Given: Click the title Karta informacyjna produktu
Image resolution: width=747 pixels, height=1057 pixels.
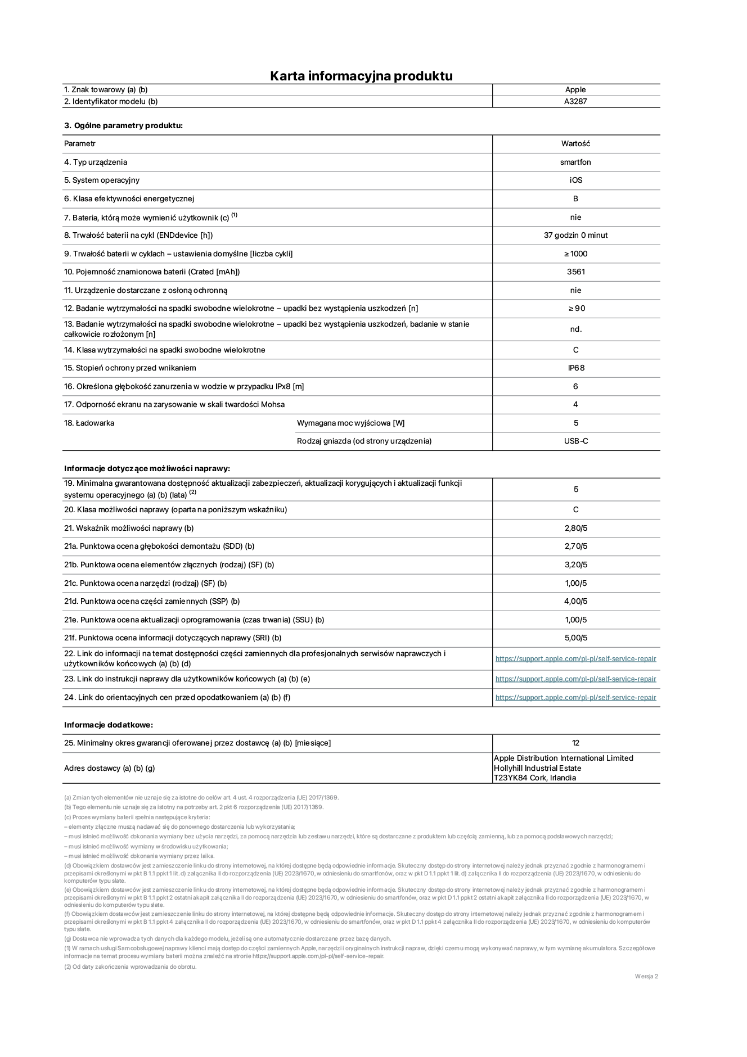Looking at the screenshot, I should (361, 76).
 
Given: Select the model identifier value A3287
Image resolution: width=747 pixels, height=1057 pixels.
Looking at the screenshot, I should (575, 102).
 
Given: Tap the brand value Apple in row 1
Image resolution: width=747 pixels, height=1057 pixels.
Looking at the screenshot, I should (575, 90).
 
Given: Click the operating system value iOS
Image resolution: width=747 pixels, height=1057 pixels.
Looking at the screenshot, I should (575, 180).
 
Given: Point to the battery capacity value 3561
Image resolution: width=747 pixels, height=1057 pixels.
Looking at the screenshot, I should (575, 272).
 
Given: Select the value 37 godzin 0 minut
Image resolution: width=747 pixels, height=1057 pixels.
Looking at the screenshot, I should (575, 236).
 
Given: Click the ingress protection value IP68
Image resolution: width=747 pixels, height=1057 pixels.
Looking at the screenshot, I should (575, 368).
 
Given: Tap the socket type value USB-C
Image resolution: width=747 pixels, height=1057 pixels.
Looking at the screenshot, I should (575, 441).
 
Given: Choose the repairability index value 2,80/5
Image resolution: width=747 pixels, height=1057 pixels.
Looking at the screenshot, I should (575, 528).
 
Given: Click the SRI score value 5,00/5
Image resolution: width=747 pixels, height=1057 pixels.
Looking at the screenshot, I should (575, 638).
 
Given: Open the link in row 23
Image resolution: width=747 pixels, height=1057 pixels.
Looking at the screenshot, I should (575, 679).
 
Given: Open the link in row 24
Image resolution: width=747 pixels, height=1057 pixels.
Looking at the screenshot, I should (575, 698).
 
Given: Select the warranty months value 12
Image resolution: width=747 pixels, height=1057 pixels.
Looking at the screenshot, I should (575, 743).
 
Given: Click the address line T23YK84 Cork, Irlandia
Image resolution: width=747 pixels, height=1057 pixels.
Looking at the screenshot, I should (534, 778).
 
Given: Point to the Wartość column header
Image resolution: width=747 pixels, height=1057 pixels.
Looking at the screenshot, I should (575, 144).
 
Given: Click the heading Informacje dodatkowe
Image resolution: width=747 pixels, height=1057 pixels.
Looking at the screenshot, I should (109, 725).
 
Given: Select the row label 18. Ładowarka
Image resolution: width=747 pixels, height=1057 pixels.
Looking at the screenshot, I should (89, 423).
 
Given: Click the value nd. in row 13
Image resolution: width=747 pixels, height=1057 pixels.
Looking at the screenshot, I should (575, 329).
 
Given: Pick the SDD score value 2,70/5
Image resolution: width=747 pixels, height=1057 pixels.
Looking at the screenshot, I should (575, 546).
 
